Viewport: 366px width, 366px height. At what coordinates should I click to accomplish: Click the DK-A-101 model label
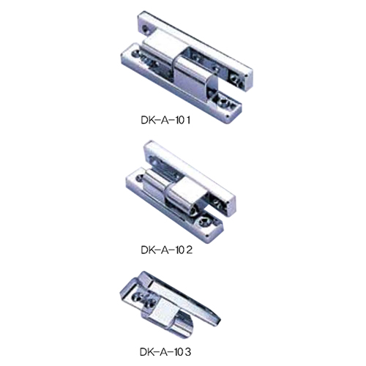(x=165, y=120)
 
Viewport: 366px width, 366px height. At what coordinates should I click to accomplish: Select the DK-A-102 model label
(x=167, y=250)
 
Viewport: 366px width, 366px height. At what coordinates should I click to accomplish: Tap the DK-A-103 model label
(x=165, y=352)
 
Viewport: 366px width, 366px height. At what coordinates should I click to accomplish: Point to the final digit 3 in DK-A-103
(x=187, y=352)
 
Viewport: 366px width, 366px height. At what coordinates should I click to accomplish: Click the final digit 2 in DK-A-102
(x=189, y=250)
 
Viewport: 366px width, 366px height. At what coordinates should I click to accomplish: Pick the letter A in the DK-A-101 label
(x=165, y=120)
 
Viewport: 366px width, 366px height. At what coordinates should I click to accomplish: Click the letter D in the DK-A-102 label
(x=144, y=250)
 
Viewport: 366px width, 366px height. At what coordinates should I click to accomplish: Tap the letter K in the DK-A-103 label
(x=152, y=352)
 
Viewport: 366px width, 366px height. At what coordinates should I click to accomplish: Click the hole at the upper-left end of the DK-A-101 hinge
(x=146, y=29)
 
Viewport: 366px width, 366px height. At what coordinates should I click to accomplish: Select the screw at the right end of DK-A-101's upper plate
(x=236, y=79)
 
